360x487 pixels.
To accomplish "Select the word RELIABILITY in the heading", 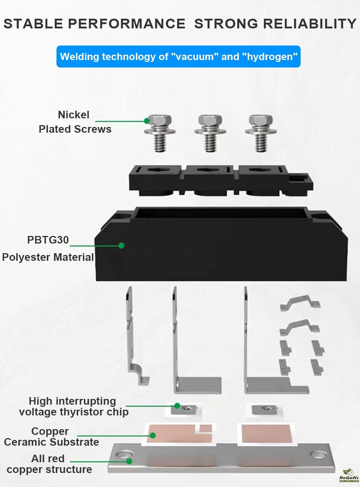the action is click(x=310, y=23).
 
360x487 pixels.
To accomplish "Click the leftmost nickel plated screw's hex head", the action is click(x=160, y=120).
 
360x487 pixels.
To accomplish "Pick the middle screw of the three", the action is click(x=210, y=133).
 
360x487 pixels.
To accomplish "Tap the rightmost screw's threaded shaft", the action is click(x=261, y=143).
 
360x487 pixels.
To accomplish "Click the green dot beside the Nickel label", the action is click(x=147, y=121).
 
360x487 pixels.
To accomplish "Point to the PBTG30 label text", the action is click(x=48, y=240).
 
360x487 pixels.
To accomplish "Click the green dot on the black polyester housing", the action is click(x=121, y=245).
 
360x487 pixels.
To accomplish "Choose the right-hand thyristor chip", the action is click(x=264, y=410).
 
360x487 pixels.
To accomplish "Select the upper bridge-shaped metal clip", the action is click(x=300, y=302).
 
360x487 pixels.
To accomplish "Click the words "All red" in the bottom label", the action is click(x=48, y=459).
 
